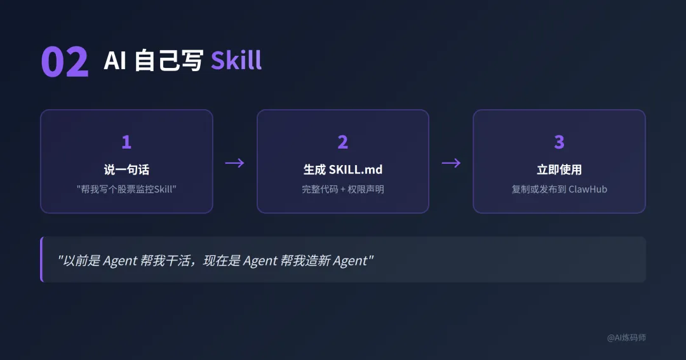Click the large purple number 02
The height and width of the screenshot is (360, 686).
64,62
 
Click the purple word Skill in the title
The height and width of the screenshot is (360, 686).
236,61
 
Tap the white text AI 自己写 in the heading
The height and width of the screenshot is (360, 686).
153,61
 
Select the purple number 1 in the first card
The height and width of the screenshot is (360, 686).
126,142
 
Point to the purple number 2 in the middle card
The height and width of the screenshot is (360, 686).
342,142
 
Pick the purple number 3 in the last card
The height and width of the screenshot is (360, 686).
559,142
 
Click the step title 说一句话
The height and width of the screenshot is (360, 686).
126,170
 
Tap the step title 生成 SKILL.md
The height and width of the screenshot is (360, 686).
342,170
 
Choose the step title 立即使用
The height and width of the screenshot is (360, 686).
559,170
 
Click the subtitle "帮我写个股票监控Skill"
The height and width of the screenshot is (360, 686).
126,189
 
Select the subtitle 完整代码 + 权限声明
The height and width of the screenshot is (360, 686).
342,189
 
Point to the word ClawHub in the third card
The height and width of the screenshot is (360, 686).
588,189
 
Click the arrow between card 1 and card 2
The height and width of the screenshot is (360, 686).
234,163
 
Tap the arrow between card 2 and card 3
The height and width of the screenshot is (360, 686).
451,163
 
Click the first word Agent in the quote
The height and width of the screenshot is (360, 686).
120,260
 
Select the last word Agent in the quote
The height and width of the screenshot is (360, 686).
350,260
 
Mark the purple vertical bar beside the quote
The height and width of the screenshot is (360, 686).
41,259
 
